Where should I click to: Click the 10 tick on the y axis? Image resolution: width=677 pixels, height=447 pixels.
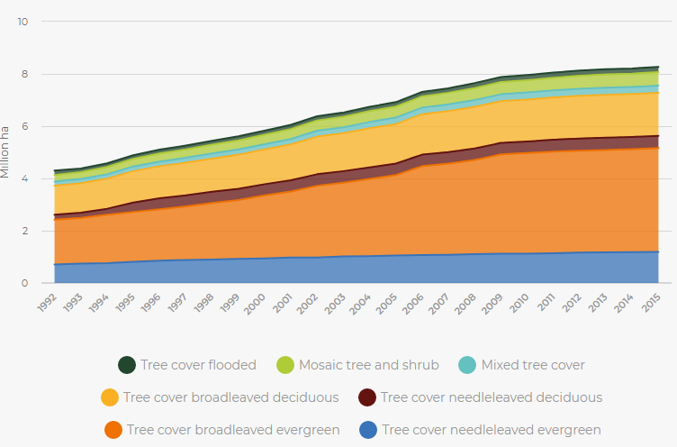tap(23, 22)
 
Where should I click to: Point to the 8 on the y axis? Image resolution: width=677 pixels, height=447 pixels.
tap(25, 74)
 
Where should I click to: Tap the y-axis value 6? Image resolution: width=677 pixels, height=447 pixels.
tap(25, 126)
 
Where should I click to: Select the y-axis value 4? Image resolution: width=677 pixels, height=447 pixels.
tap(25, 178)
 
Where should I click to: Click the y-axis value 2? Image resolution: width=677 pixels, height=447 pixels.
tap(25, 231)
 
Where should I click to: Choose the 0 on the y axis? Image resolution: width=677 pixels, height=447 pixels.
tap(25, 283)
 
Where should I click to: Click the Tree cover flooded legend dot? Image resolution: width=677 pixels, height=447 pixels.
tap(127, 365)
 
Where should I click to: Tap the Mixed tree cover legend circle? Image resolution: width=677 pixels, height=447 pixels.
tap(467, 365)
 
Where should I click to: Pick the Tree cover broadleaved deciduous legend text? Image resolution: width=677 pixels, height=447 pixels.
tap(230, 397)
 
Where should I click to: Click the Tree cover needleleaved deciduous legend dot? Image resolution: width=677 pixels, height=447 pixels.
tap(366, 397)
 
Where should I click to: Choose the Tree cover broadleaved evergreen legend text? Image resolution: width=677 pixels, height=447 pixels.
tap(233, 430)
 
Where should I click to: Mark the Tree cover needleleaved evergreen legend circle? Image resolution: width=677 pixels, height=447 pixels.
tap(367, 430)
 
